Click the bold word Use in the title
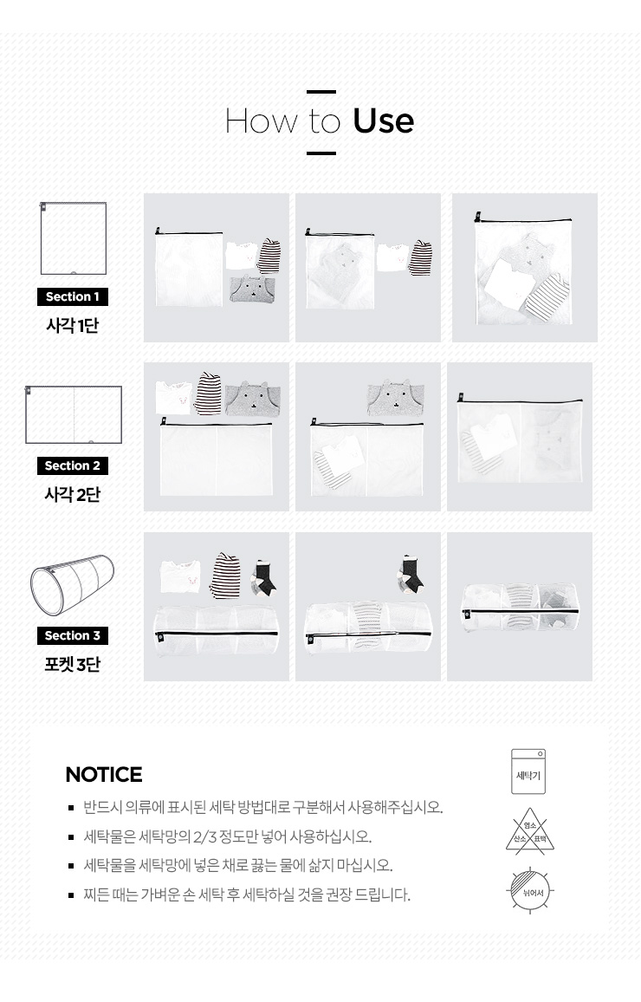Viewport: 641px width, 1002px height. tap(383, 120)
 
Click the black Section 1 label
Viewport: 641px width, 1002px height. tap(72, 296)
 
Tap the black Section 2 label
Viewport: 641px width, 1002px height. tap(72, 465)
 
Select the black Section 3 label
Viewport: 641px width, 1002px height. tap(72, 636)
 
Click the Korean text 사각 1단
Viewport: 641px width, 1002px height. tap(72, 325)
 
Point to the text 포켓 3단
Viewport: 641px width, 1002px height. tap(72, 665)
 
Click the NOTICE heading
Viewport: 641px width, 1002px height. tap(103, 775)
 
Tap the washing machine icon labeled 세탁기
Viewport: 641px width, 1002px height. tap(528, 772)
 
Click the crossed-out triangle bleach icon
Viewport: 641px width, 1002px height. tap(530, 830)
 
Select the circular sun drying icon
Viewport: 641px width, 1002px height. tap(530, 891)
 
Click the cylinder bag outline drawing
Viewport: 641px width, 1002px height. tap(72, 585)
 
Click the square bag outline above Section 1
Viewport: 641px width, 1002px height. tap(73, 238)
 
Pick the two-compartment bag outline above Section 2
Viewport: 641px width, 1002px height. tap(74, 414)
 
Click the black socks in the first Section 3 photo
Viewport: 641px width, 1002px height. tap(262, 577)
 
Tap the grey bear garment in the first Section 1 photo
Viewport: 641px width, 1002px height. tap(252, 289)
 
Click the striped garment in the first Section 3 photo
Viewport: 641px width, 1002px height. tap(224, 576)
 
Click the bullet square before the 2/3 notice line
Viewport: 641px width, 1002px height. tap(72, 837)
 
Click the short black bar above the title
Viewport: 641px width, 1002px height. tap(321, 92)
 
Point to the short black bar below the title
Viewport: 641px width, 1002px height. tap(321, 153)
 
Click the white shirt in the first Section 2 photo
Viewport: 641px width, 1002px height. tap(173, 398)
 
